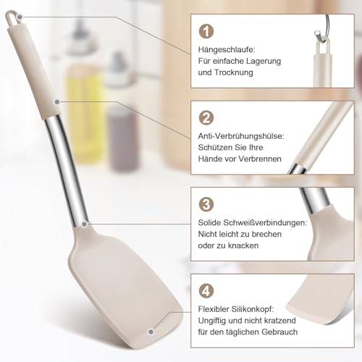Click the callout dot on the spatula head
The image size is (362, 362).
(151, 331)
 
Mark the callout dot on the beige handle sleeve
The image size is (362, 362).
(54, 101)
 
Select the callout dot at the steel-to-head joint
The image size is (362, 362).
(85, 224)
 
